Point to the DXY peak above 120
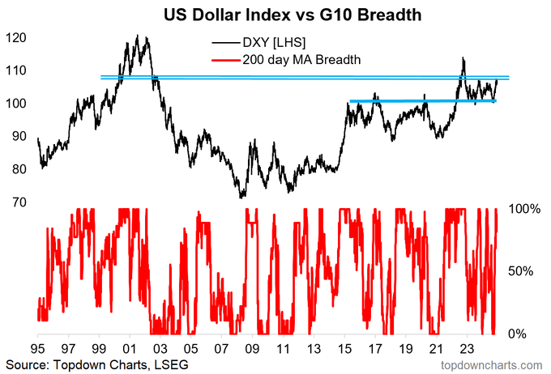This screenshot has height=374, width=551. (138, 36)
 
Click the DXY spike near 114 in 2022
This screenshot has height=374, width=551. (463, 58)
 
